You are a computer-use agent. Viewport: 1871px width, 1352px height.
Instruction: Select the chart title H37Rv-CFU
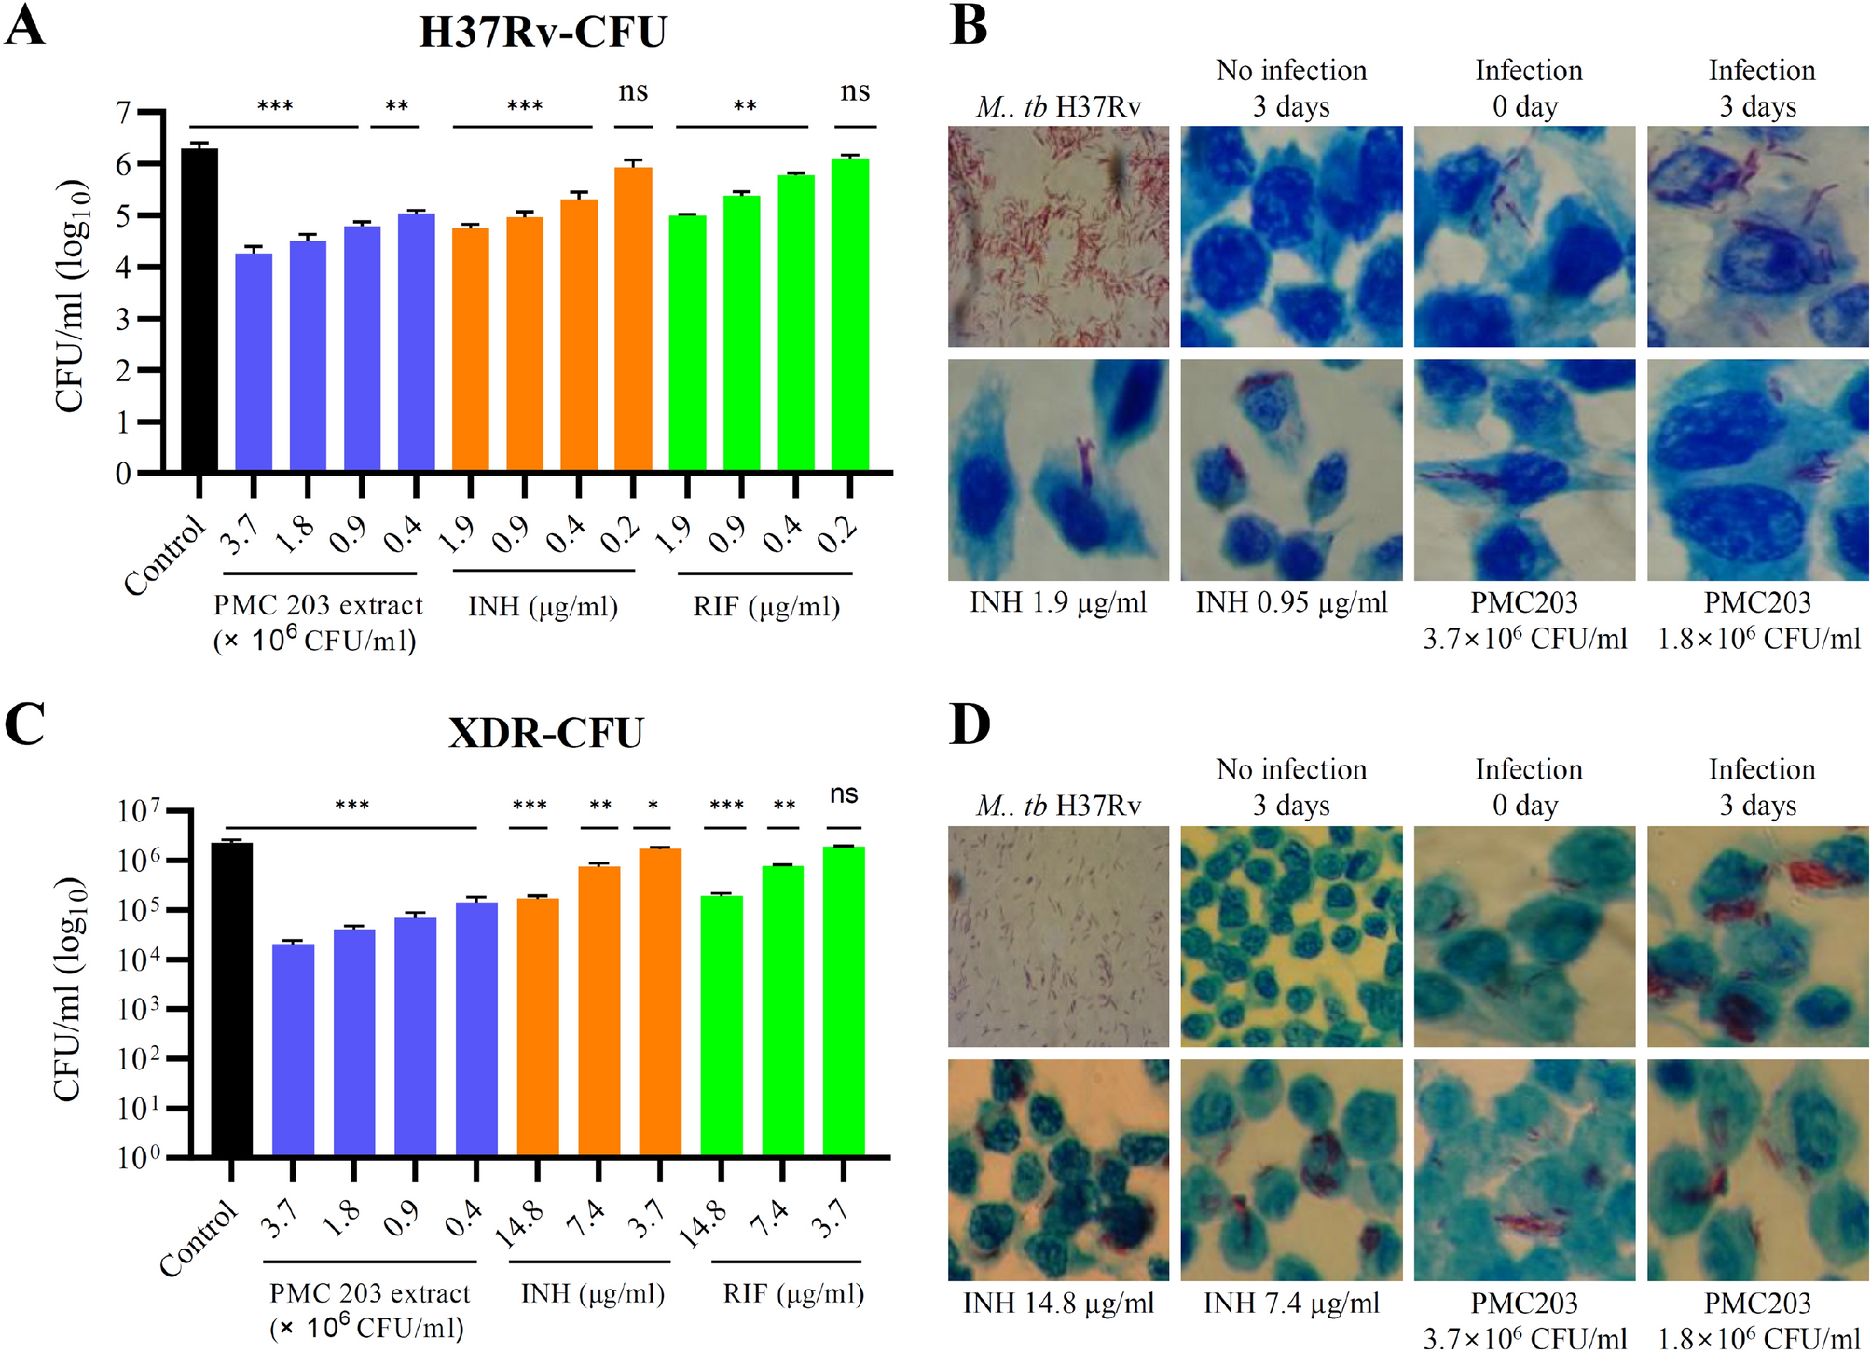(x=543, y=32)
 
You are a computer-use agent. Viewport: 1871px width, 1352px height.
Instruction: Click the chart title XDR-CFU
(x=545, y=733)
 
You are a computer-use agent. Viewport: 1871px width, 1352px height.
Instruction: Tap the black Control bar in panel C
(x=231, y=1000)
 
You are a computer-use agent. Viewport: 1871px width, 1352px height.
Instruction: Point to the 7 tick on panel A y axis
(x=123, y=113)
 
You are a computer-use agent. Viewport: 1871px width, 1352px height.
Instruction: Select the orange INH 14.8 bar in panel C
(x=538, y=1027)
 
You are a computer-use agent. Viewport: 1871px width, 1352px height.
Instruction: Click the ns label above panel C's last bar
(x=844, y=794)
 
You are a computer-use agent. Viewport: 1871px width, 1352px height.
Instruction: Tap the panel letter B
(x=969, y=26)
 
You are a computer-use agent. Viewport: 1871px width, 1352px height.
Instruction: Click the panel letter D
(x=969, y=725)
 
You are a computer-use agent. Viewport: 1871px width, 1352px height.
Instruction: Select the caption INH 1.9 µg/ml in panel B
(x=1058, y=602)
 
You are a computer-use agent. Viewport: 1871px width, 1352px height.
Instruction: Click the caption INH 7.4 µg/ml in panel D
(x=1291, y=1303)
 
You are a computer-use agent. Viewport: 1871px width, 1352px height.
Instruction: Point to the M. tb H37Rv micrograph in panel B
(x=1058, y=236)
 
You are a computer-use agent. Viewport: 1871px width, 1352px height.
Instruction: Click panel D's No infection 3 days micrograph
(x=1291, y=936)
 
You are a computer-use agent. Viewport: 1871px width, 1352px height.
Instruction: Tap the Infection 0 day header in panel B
(x=1528, y=88)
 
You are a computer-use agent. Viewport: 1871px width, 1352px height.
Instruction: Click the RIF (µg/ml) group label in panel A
(x=766, y=607)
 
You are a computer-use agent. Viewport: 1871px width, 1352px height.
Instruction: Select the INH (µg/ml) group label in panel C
(x=592, y=1293)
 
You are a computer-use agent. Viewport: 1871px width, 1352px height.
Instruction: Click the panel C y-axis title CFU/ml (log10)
(x=70, y=988)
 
